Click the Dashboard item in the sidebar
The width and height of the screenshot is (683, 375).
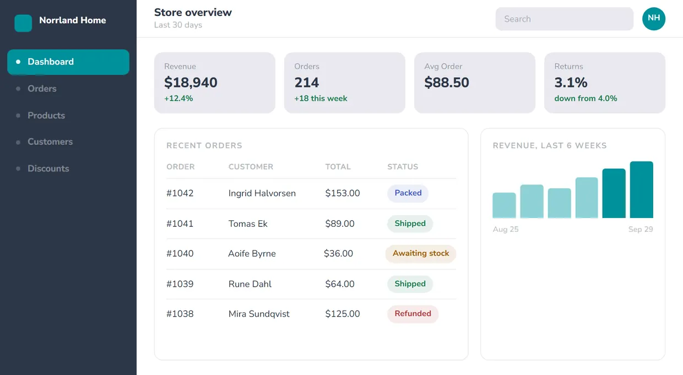point(68,62)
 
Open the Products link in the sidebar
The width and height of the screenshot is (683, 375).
point(46,116)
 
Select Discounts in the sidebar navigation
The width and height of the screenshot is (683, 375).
point(48,169)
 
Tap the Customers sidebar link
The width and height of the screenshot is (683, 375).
point(50,142)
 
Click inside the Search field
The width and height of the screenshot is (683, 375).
point(565,19)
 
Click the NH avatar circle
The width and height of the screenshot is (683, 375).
point(654,19)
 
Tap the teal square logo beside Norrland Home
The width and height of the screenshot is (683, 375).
point(23,23)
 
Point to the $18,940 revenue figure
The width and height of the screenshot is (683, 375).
point(191,83)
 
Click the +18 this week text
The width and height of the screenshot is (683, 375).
point(321,99)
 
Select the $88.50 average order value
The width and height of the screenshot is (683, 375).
point(447,83)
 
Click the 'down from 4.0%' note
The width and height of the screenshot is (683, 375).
point(586,99)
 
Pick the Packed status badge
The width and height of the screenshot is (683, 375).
point(408,193)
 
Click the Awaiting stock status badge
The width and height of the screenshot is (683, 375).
point(421,253)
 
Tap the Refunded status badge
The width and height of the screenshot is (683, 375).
point(413,314)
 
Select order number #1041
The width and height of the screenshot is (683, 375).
point(180,224)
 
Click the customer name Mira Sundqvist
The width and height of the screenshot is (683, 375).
point(259,314)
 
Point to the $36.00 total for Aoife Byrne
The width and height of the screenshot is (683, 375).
point(338,253)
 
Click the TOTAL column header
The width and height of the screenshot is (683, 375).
point(338,167)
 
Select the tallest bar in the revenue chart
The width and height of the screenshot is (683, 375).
point(642,189)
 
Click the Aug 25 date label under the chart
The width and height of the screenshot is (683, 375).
point(506,229)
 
